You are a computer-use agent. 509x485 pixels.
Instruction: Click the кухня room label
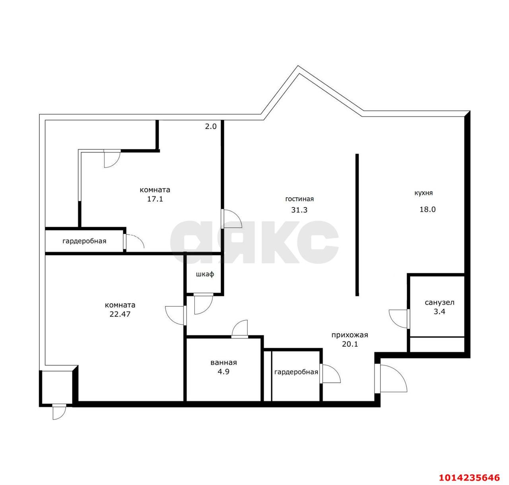[424, 193]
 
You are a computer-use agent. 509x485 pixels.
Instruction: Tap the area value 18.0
[428, 209]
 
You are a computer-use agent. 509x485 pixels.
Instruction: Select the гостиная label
[299, 199]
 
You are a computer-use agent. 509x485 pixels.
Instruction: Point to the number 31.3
[299, 210]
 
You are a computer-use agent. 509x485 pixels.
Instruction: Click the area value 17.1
[155, 199]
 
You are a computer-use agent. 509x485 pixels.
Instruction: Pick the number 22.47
[120, 314]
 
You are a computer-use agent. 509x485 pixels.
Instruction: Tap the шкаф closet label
[205, 274]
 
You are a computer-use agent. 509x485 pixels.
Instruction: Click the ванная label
[224, 362]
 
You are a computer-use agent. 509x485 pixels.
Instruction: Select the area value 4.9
[223, 372]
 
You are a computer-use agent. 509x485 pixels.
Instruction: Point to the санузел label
[440, 302]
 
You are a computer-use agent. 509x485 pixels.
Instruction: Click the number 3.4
[439, 312]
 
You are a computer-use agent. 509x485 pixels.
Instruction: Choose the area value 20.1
[350, 344]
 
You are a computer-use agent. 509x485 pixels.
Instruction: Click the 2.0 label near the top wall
[211, 127]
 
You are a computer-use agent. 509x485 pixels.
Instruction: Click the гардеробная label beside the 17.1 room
[84, 241]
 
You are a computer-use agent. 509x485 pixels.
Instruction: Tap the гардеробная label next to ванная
[296, 372]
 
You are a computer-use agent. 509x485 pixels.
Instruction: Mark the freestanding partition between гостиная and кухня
[357, 225]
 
